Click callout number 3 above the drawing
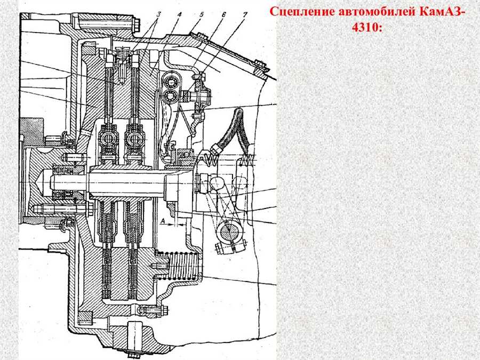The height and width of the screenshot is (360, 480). pyautogui.click(x=158, y=14)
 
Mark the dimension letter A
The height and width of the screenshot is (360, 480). pyautogui.click(x=163, y=220)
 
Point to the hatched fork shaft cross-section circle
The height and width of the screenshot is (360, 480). pyautogui.click(x=229, y=230)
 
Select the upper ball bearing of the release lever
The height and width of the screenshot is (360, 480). pyautogui.click(x=169, y=82)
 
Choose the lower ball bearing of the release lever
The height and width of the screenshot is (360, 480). pyautogui.click(x=169, y=97)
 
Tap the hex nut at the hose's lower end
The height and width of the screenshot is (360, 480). pyautogui.click(x=215, y=150)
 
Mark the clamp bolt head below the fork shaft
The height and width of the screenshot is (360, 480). pyautogui.click(x=220, y=249)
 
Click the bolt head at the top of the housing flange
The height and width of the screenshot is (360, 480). pyautogui.click(x=137, y=26)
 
